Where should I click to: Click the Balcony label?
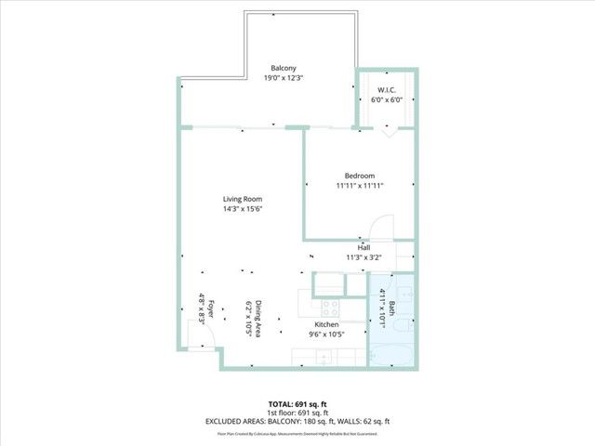coord(284,69)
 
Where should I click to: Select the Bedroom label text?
coord(360,176)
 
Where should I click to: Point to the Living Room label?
coord(242,199)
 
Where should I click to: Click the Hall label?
coord(364,247)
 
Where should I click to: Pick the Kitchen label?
coord(326,324)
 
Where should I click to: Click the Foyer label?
coord(211,308)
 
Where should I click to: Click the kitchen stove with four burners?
coord(329,307)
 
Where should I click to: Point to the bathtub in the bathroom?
coord(390,354)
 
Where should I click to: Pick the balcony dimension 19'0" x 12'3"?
coord(284,78)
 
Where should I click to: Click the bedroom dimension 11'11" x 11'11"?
coord(360,186)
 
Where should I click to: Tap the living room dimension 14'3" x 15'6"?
coord(242,209)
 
